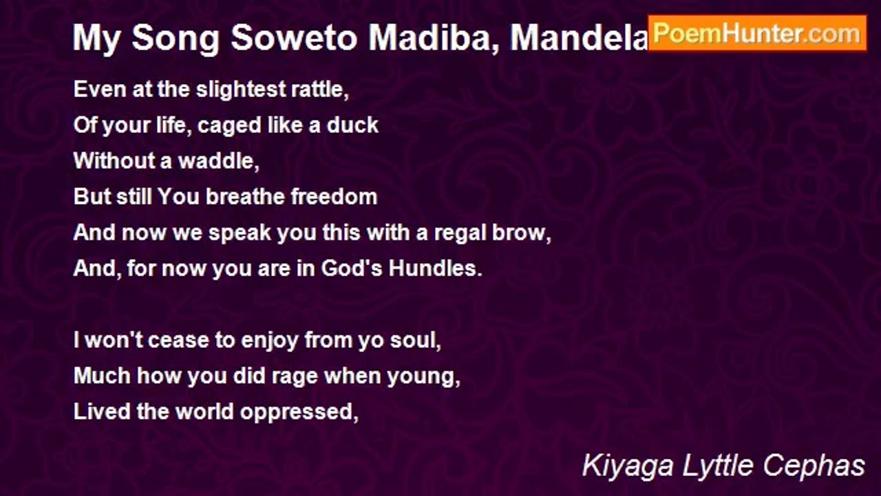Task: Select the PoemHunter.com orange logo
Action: point(756,33)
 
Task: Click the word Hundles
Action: point(435,269)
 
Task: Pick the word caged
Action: point(226,126)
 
